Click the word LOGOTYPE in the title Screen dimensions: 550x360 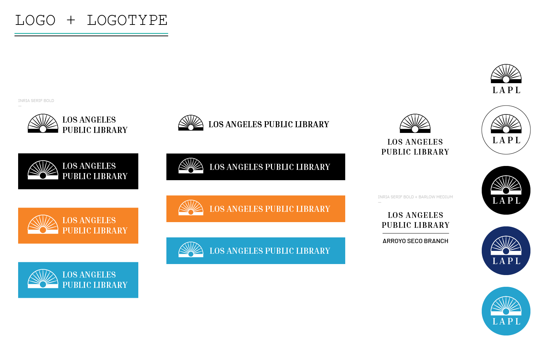[x=127, y=20]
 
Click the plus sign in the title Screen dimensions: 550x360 [x=71, y=20]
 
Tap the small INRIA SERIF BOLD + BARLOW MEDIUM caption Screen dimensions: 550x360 [x=415, y=197]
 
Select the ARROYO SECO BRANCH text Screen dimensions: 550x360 [x=415, y=241]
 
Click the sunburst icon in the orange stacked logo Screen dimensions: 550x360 [x=43, y=224]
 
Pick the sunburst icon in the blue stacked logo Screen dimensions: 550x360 [x=43, y=279]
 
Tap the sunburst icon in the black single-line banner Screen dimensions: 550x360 [x=191, y=166]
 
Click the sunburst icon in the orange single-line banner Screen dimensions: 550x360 [x=191, y=208]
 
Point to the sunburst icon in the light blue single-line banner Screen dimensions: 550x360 [x=191, y=249]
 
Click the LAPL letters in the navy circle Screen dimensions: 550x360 [x=506, y=261]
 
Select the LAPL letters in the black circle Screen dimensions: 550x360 [x=506, y=201]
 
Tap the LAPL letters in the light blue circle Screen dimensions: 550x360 [x=506, y=322]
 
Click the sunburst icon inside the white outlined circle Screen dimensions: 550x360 [x=506, y=124]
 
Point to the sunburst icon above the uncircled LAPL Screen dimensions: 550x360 [x=506, y=74]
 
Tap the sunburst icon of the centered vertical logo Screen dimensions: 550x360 [x=415, y=123]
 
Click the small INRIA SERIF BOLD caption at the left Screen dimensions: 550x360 [x=36, y=101]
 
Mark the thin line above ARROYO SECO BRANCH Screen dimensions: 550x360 [x=416, y=233]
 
